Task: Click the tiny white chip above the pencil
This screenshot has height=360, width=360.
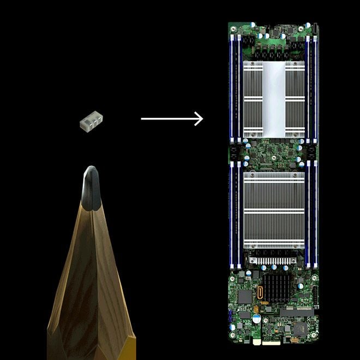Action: [x=90, y=123]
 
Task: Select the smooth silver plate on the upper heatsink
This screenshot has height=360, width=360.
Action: [x=273, y=98]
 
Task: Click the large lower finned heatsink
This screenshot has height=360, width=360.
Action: [x=273, y=211]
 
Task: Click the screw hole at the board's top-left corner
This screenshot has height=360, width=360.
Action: [x=232, y=25]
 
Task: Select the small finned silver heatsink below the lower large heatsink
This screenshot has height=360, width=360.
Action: [x=273, y=261]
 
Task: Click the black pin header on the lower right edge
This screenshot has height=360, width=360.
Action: [x=315, y=297]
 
